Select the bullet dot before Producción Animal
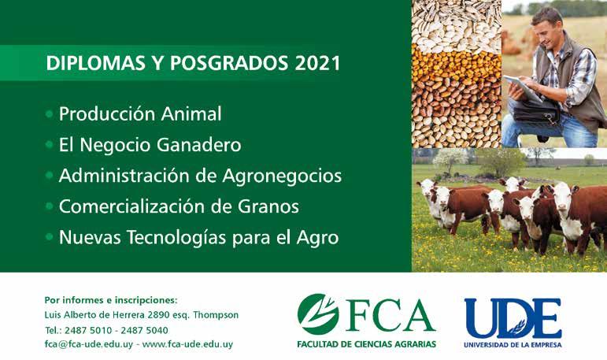(x=49, y=114)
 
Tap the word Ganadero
(x=199, y=145)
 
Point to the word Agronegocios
(x=282, y=176)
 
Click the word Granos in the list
(x=268, y=206)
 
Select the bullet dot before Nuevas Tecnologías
(x=49, y=236)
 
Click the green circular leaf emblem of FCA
(x=318, y=314)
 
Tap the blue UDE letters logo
(x=513, y=318)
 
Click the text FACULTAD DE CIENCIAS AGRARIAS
(x=367, y=344)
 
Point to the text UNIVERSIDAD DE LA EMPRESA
(x=513, y=344)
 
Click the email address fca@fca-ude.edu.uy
(x=89, y=344)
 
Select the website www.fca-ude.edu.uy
(x=187, y=344)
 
